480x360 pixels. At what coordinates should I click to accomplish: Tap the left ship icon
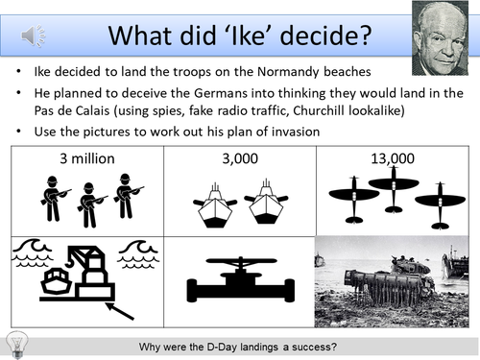point(216,206)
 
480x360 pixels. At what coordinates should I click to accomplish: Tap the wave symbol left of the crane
point(34,252)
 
